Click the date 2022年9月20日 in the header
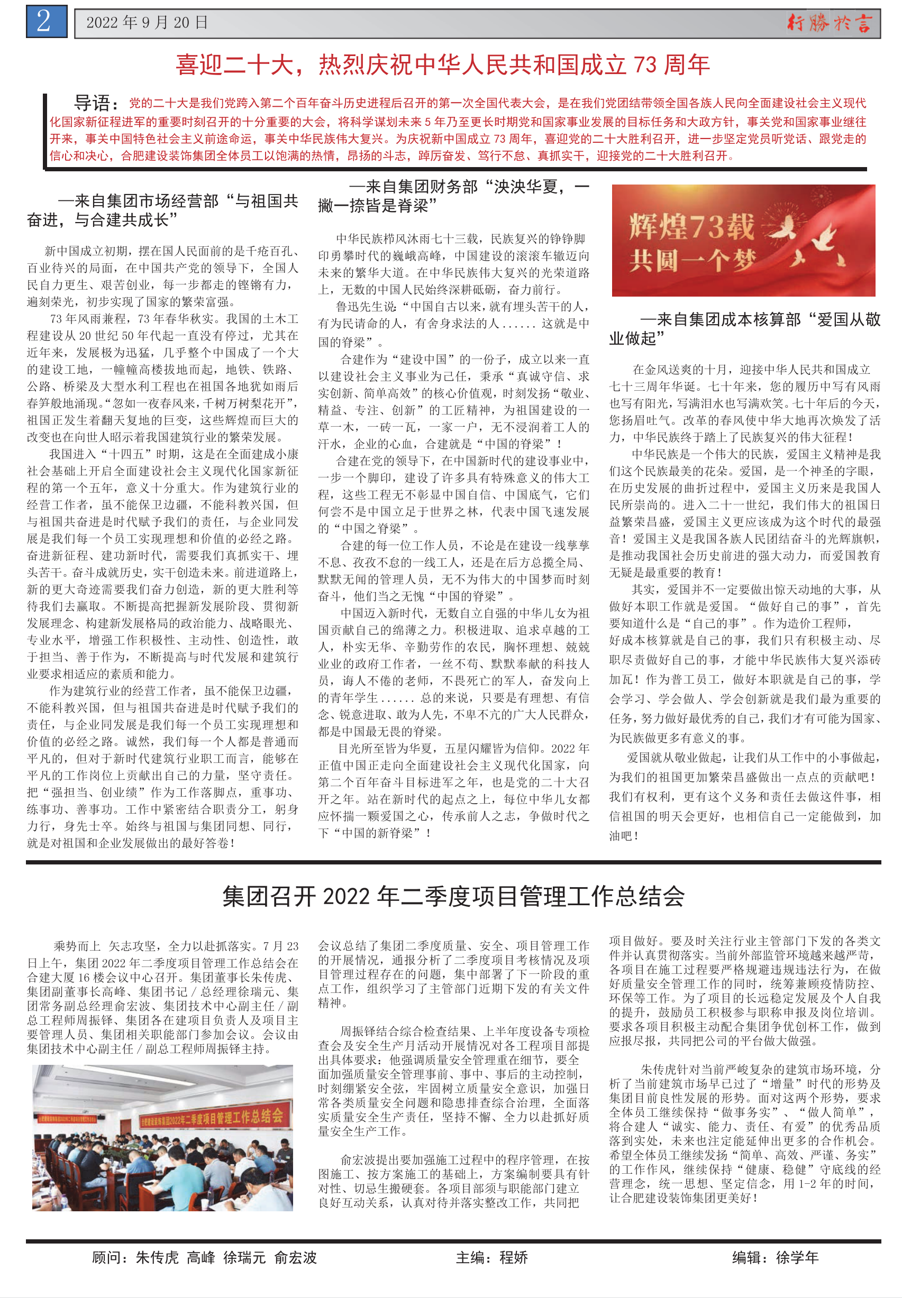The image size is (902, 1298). point(147,23)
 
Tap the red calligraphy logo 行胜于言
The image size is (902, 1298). point(829,23)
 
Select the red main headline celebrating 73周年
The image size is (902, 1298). point(442,65)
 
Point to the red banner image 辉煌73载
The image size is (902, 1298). point(743,240)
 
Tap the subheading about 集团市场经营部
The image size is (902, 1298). point(163,210)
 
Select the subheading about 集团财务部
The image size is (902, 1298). point(453,196)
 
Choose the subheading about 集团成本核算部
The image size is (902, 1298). point(744,329)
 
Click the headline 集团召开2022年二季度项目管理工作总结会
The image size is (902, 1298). point(453,896)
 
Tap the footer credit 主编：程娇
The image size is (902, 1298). point(491,1257)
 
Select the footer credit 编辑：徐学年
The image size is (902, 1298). point(775,1257)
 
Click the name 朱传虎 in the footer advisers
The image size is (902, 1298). point(157,1257)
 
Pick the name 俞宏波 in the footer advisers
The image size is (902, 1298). point(295,1257)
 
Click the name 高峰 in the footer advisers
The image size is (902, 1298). point(201,1257)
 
